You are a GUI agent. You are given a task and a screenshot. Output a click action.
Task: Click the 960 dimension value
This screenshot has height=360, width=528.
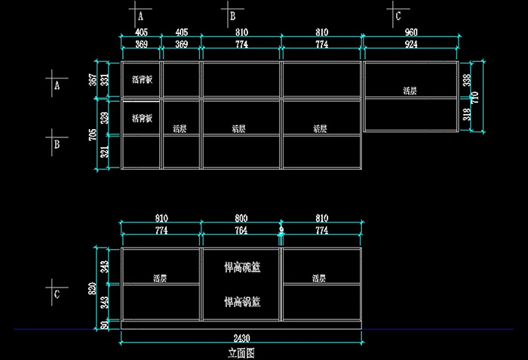click(411, 32)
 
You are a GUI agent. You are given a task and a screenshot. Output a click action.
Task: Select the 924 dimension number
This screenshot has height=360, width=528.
click(411, 45)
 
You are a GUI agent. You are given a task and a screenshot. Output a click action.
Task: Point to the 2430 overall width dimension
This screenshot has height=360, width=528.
click(241, 337)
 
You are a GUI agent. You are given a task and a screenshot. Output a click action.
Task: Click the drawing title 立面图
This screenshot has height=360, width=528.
click(241, 352)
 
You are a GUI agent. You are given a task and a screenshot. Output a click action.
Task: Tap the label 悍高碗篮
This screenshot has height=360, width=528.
click(242, 267)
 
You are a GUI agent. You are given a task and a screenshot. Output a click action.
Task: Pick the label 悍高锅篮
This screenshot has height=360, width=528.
click(242, 302)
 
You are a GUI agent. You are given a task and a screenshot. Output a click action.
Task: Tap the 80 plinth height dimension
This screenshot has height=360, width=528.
click(105, 325)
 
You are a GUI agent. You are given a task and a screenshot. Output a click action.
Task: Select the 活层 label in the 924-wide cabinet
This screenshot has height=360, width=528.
click(410, 91)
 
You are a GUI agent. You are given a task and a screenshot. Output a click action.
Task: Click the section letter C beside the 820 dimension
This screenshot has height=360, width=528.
click(57, 294)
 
